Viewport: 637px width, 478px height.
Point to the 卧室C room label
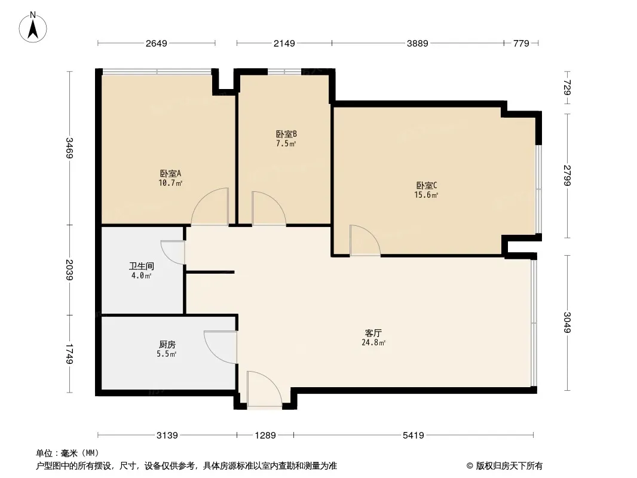[x=427, y=185]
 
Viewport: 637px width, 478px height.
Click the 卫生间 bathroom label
[x=141, y=266]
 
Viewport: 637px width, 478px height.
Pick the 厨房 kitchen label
[x=167, y=345]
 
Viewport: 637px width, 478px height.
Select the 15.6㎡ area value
[x=427, y=195]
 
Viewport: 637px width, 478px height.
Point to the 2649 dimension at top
[x=156, y=44]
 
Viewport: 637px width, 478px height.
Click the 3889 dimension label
[x=417, y=44]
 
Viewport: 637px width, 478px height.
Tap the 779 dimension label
[x=521, y=44]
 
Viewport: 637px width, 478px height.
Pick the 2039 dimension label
[x=70, y=270]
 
